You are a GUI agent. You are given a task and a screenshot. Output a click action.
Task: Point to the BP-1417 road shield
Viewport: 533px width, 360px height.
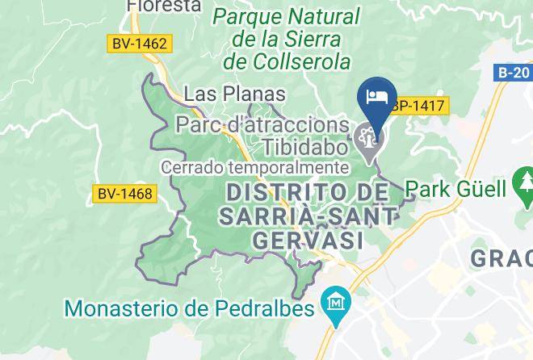[x=416, y=105]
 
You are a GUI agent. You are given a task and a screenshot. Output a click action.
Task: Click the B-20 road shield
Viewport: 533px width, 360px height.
[x=512, y=73]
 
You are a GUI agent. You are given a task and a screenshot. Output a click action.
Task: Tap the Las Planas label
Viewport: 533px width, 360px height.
[x=235, y=94]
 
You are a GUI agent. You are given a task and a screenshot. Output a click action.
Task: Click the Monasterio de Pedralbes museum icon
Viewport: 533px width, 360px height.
[x=333, y=304]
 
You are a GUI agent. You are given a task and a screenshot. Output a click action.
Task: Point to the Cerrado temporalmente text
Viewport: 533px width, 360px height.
[x=255, y=168]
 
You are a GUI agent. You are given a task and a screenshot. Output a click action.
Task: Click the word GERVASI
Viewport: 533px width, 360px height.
[x=306, y=240]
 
